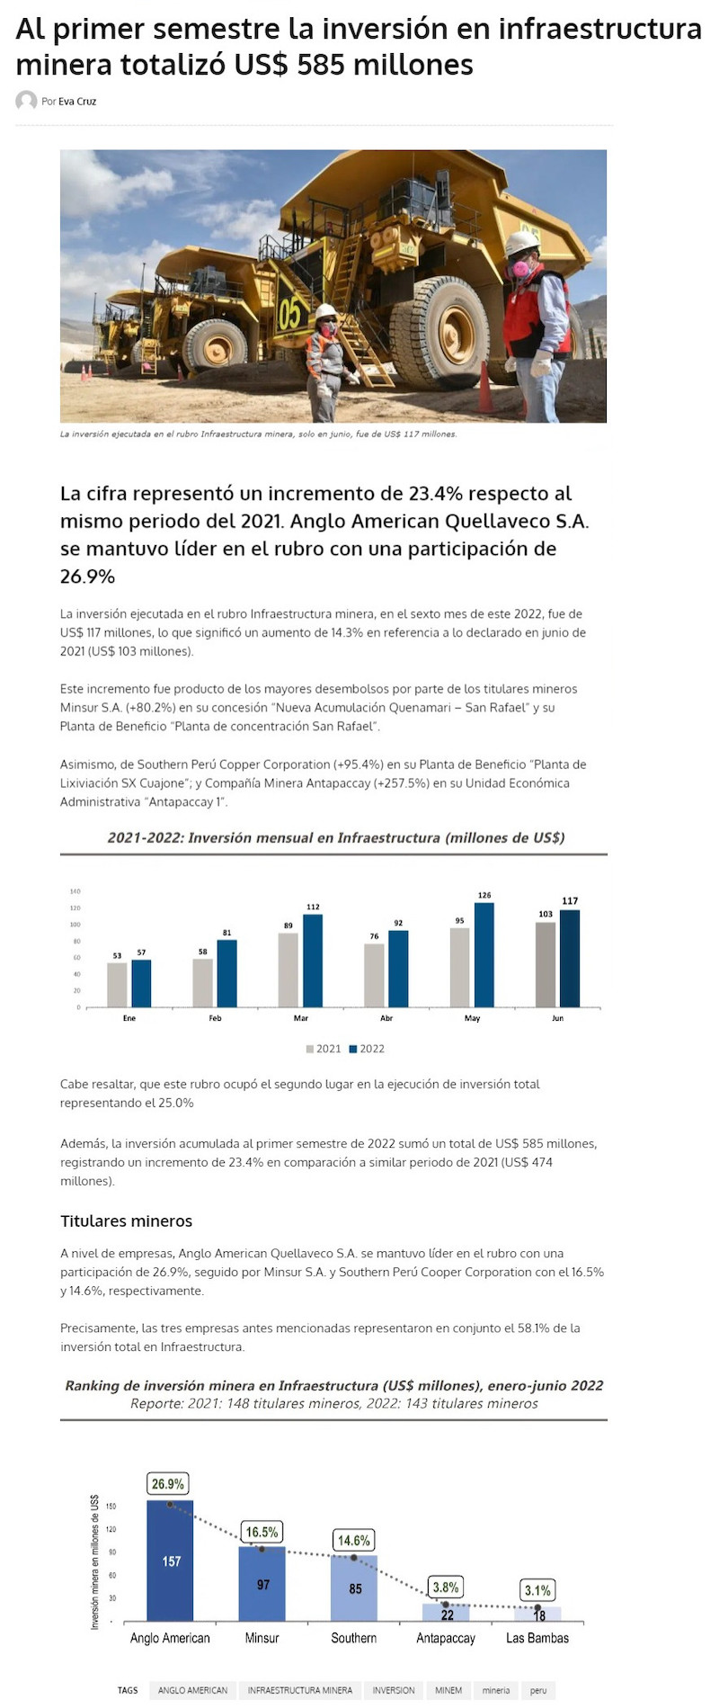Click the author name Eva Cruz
point(77,102)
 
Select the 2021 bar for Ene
point(117,985)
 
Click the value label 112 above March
point(313,907)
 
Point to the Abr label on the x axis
point(386,1018)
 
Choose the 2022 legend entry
point(367,1049)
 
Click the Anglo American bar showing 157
point(170,1560)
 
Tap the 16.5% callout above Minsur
point(262,1532)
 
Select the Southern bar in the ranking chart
point(354,1587)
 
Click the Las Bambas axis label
point(537,1638)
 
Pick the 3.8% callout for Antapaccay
point(446,1587)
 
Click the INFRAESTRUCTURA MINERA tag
point(300,1690)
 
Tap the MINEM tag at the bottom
point(448,1690)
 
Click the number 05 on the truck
point(289,314)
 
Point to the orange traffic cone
point(485,389)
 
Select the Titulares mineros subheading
point(127,1221)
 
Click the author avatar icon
point(26,101)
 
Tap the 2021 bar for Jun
point(546,964)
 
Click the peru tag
point(538,1690)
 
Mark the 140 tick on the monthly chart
point(75,891)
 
